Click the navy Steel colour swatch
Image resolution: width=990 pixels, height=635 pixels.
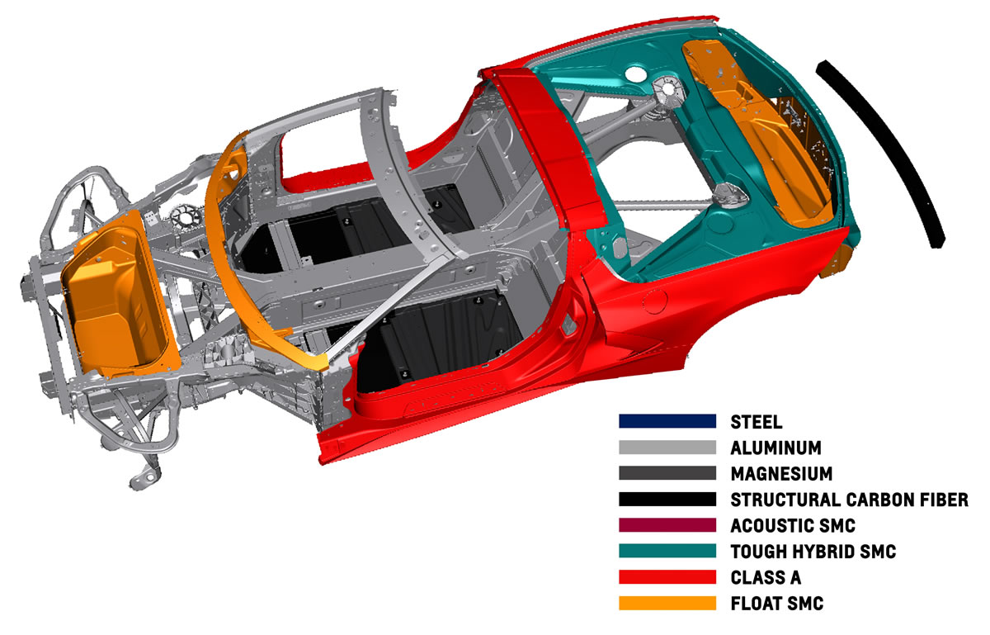point(667,421)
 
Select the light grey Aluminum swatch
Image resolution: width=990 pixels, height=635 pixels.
point(667,447)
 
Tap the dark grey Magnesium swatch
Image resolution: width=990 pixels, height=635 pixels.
point(667,473)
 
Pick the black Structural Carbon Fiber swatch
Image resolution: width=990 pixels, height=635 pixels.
point(667,499)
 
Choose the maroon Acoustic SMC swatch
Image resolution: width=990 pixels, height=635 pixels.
point(667,525)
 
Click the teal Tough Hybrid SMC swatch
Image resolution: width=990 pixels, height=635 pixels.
point(667,551)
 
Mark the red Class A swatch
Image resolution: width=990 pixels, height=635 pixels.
point(667,577)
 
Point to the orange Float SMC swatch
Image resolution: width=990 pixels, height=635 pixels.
point(667,604)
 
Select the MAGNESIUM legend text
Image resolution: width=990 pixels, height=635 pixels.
point(781,473)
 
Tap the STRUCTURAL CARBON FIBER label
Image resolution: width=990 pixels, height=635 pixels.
point(849,499)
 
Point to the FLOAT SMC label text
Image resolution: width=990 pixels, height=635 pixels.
point(776,604)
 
